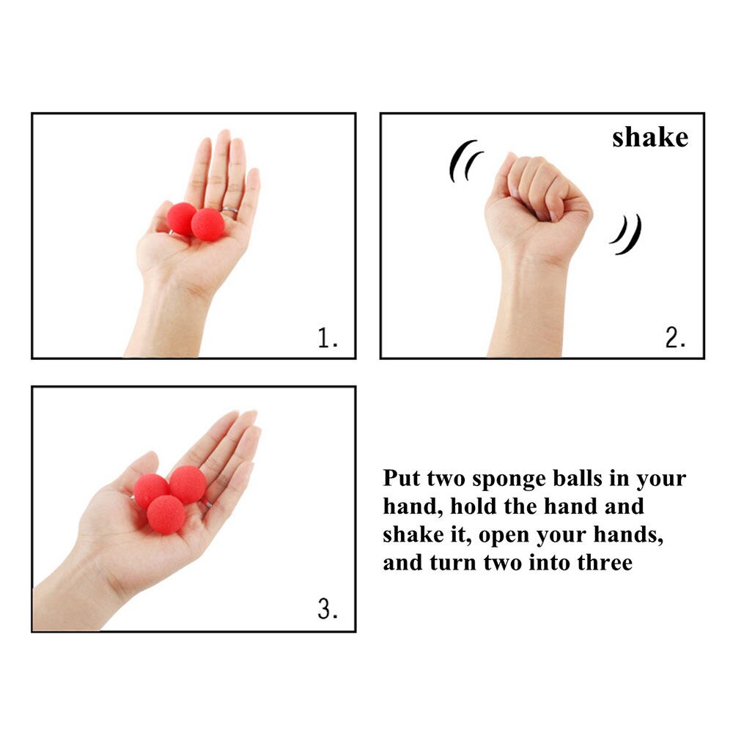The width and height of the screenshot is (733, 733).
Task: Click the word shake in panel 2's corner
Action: point(650,137)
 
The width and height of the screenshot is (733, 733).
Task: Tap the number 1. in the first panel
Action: point(328,338)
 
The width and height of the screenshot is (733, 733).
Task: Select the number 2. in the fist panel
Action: point(675,338)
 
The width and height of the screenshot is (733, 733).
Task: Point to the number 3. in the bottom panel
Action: point(328,610)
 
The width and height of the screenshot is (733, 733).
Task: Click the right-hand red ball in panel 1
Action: point(208,224)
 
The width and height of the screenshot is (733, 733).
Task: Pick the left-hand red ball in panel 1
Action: point(181,218)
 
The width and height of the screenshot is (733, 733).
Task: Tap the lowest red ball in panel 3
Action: point(166,514)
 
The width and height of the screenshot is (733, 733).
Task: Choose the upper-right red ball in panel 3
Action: point(188,484)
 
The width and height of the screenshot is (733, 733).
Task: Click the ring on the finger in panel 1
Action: point(230,211)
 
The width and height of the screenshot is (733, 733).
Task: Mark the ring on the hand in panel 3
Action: point(207,504)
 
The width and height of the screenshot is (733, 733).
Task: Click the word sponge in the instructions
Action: point(508,479)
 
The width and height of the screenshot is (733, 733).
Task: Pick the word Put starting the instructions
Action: point(401,479)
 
